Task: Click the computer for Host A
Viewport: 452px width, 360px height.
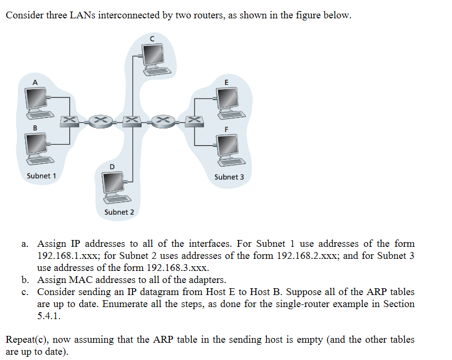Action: (37, 100)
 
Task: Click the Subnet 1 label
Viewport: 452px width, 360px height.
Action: (41, 176)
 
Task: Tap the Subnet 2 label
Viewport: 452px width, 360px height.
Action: (119, 212)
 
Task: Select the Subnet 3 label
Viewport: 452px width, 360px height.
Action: (229, 177)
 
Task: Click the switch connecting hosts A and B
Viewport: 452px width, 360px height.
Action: (69, 120)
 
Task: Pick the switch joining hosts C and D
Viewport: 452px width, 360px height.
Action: (132, 121)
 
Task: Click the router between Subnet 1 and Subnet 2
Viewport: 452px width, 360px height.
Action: (101, 121)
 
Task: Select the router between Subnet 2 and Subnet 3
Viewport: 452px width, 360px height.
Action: (164, 121)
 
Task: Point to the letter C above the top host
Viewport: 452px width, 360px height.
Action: (152, 38)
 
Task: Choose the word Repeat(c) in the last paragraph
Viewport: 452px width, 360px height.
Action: (26, 340)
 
